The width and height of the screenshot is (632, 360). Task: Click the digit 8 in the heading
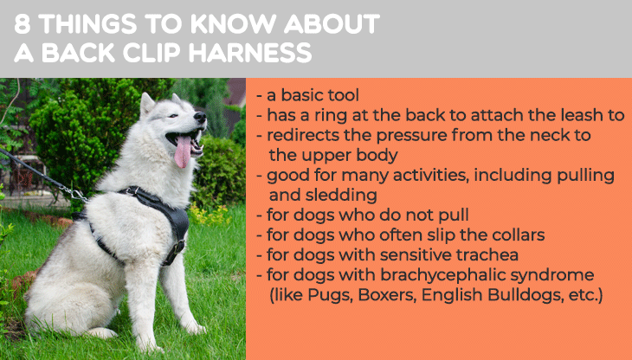click(x=23, y=23)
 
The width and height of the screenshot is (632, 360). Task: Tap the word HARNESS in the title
click(x=250, y=53)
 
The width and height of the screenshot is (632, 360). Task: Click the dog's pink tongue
click(x=183, y=151)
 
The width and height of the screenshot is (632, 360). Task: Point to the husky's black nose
click(x=200, y=117)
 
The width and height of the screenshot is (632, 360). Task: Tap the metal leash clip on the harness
click(x=74, y=193)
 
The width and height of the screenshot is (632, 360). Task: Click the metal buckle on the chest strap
click(x=177, y=247)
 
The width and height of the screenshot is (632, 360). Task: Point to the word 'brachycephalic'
click(x=442, y=275)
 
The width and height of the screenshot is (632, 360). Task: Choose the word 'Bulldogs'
click(x=525, y=295)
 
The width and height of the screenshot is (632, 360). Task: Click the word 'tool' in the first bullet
click(x=344, y=95)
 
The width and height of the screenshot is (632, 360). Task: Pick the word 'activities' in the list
click(x=431, y=175)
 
